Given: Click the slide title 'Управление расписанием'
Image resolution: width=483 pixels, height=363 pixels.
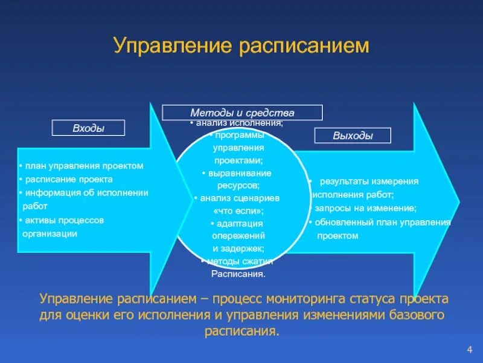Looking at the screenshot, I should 241,47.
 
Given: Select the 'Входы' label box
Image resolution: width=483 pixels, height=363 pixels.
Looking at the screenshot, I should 88,128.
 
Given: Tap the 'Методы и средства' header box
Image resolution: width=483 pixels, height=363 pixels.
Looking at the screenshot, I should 242,113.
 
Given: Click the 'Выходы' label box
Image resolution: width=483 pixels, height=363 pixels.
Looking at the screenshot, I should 353,136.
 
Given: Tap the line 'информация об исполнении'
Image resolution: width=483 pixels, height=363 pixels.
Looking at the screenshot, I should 85,193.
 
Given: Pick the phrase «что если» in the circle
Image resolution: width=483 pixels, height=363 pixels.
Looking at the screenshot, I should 238,211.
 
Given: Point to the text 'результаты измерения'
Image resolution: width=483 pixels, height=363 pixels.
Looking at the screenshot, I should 369,181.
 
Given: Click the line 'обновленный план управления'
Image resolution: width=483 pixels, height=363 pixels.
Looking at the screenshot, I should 382,222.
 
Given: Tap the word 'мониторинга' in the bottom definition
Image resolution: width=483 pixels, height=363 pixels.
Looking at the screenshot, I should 301,299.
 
